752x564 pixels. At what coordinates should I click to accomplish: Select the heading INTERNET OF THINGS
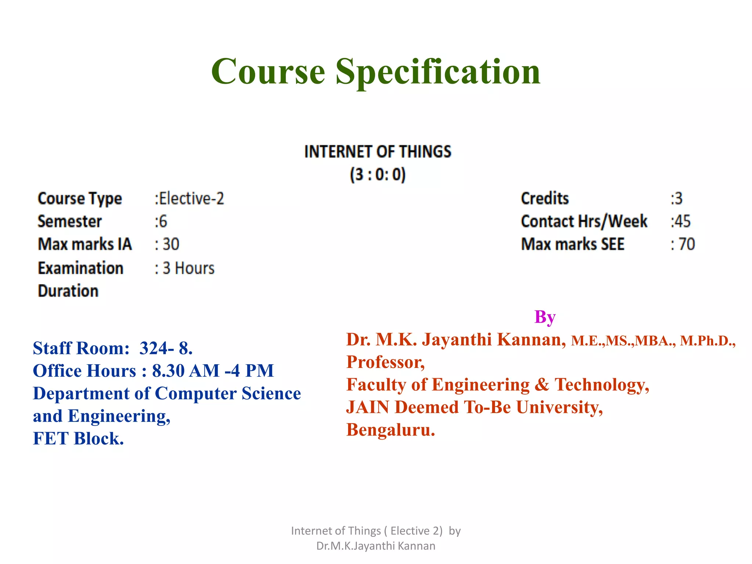point(377,152)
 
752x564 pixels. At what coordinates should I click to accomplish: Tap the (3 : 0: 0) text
point(377,174)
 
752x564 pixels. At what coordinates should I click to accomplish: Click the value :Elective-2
point(189,199)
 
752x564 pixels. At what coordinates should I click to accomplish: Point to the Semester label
point(69,221)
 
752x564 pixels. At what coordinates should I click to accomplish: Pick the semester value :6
point(161,221)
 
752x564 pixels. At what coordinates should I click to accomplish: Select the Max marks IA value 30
point(171,245)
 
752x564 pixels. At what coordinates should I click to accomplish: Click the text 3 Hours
point(188,268)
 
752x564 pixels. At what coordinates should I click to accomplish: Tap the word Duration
point(68,291)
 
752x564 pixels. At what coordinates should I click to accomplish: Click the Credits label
point(545,199)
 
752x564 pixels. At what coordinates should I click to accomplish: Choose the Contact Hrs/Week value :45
point(680,221)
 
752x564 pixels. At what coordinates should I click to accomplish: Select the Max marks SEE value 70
point(686,245)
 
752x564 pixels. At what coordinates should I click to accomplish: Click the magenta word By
point(545,317)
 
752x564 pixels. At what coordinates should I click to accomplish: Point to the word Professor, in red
point(386,362)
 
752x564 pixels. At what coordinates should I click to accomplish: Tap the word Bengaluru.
point(390,430)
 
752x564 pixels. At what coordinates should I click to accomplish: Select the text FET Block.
point(78,438)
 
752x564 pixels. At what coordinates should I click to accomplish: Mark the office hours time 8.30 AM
point(185,371)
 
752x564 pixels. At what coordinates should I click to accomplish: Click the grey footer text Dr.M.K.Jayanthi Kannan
point(376,546)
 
